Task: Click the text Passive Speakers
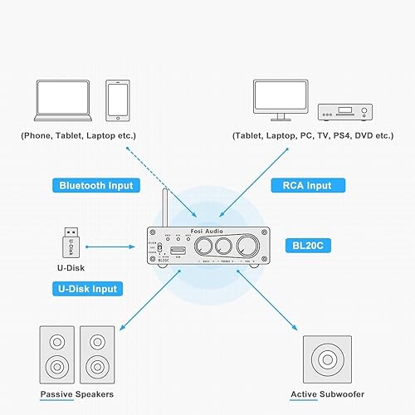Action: click(76, 394)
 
